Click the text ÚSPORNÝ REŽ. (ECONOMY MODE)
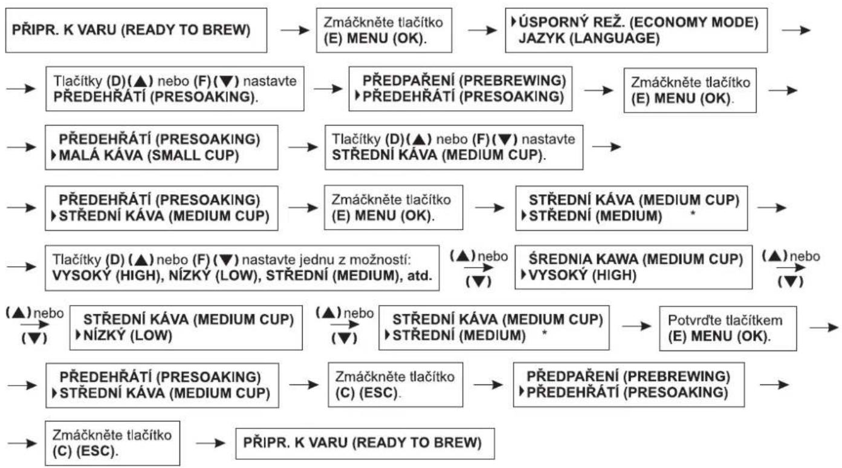pos(638,22)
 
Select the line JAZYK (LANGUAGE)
pos(589,38)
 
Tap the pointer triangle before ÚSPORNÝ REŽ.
pos(514,22)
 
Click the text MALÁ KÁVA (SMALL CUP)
pos(149,155)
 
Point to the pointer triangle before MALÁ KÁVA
pos(54,155)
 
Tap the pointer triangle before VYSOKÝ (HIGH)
pos(523,275)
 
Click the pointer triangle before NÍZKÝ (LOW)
pos(78,335)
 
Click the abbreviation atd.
pos(419,276)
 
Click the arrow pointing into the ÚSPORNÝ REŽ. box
pos(482,30)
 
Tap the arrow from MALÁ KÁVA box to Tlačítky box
pos(303,147)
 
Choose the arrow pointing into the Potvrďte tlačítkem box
pos(636,326)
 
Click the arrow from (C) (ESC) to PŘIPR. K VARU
pos(210,443)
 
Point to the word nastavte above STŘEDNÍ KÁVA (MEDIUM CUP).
pos(548,139)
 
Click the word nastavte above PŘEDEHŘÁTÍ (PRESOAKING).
pos(270,81)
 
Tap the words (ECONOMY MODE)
pos(694,22)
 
